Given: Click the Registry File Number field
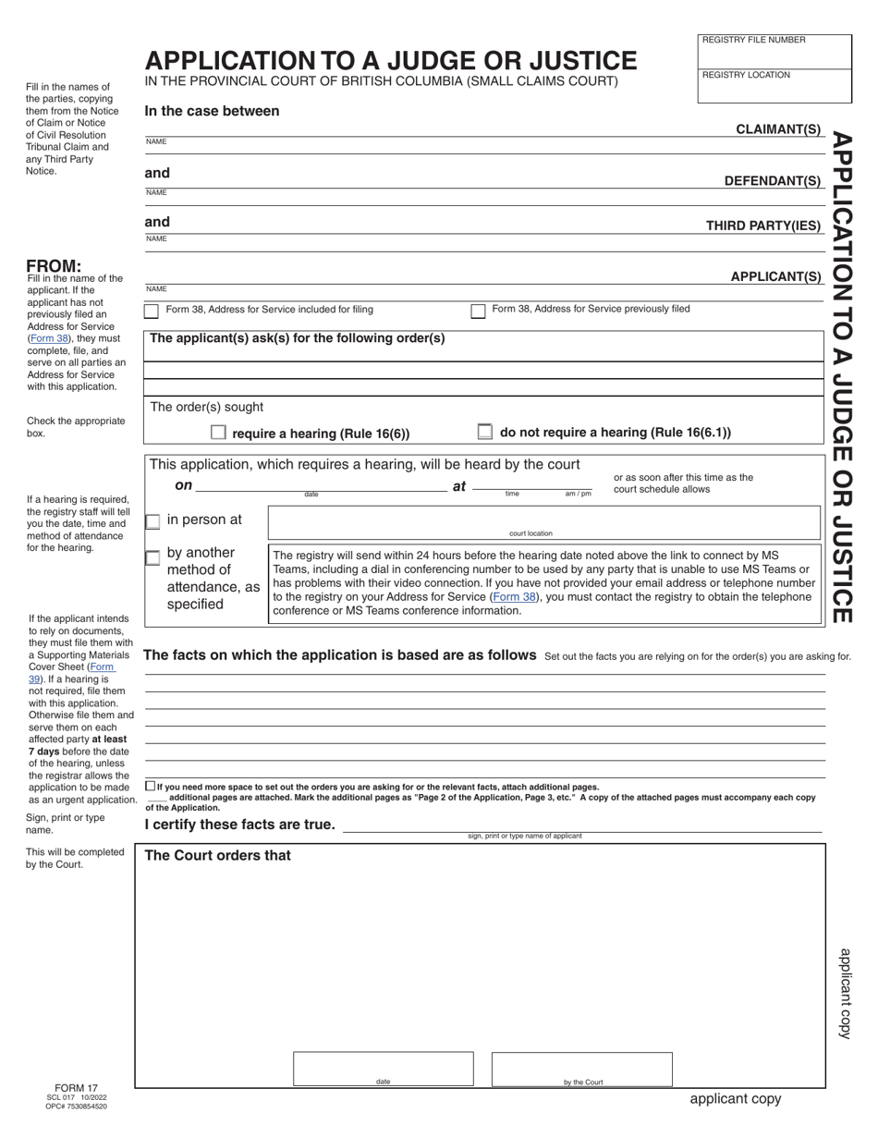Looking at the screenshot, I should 774,54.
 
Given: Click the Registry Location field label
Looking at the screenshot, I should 746,75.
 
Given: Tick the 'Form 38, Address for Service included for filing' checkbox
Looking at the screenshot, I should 152,312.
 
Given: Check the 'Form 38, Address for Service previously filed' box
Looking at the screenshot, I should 478,312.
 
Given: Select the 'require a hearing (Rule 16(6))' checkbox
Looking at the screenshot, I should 218,433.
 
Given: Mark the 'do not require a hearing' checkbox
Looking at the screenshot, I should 484,432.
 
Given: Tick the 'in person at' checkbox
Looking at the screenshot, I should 152,521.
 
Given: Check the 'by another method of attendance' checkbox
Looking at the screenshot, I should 152,557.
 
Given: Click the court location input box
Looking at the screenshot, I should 543,520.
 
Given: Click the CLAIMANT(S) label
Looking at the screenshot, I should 777,129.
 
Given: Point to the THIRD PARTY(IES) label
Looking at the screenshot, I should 762,226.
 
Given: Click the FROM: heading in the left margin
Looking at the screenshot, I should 54,265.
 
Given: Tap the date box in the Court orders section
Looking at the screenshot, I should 383,1068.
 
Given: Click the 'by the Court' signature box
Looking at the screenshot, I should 581,1068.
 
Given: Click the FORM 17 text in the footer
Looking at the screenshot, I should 76,1088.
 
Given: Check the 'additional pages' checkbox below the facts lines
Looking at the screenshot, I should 151,786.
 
